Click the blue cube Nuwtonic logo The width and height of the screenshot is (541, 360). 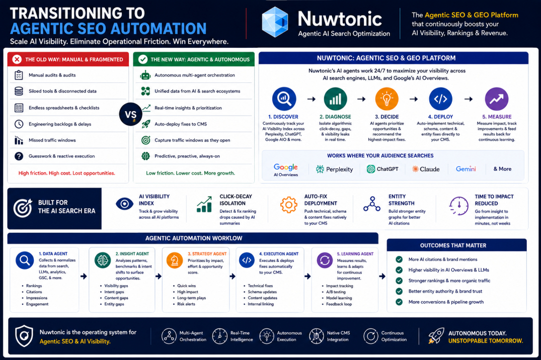point(275,22)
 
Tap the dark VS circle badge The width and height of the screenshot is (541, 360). point(130,115)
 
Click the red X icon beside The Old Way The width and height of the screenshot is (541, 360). point(17,59)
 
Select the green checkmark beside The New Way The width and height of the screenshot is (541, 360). point(143,59)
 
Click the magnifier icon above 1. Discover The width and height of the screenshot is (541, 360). point(284,99)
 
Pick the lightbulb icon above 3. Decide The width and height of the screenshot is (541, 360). point(387,99)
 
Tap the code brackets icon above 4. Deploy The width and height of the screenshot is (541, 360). point(440,99)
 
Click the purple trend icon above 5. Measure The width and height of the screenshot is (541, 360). point(497,99)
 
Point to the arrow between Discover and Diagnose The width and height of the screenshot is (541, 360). point(311,99)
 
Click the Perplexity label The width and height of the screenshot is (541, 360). point(334,169)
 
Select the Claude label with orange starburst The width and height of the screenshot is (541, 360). point(426,169)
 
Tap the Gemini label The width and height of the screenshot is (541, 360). point(466,169)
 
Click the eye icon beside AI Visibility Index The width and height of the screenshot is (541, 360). point(124,204)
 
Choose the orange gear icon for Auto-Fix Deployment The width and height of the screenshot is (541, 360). point(289,205)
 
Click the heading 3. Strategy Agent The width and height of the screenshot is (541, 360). point(207,254)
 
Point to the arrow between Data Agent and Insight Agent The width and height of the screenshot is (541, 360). point(84,276)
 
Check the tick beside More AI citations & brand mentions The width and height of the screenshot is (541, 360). point(399,259)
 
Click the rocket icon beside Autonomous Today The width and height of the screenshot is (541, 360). point(436,335)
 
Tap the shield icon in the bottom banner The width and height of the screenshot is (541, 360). point(24,336)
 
